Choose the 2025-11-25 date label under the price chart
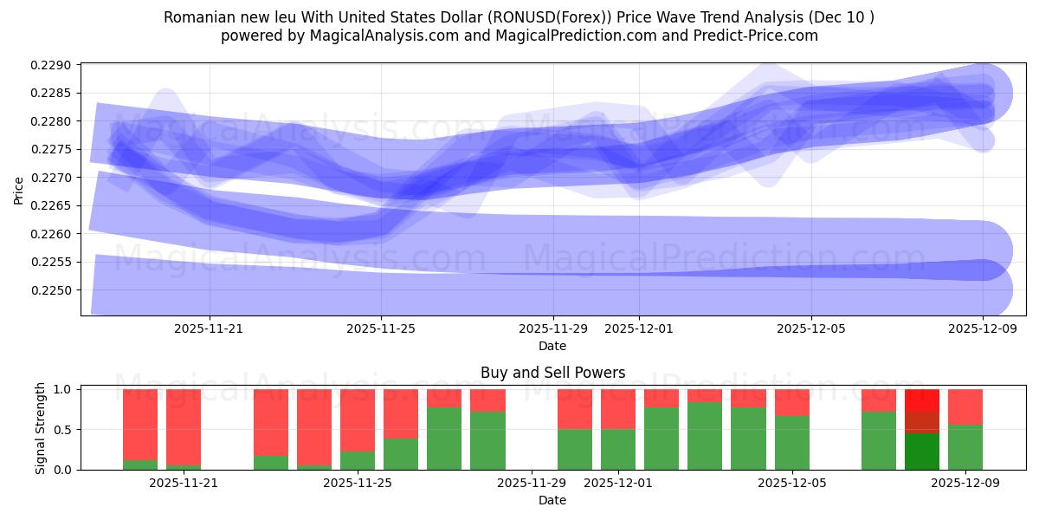point(381,328)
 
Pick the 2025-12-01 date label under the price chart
point(639,328)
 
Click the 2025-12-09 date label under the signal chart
point(965,483)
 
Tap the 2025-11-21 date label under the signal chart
point(184,483)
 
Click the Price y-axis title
point(19,189)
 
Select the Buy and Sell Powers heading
point(552,374)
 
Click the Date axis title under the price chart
point(552,346)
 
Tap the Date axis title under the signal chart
point(552,500)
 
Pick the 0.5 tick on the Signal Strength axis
point(62,430)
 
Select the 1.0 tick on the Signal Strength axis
point(62,389)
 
